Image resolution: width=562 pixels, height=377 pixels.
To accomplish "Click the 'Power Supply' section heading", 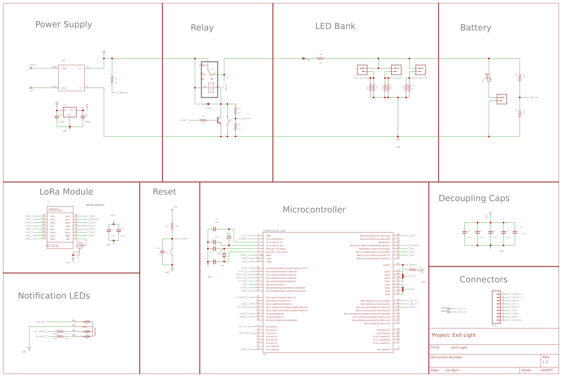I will (x=64, y=25).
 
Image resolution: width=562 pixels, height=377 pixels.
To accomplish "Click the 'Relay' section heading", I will (x=202, y=28).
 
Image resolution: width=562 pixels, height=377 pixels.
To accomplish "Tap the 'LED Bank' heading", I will (x=335, y=26).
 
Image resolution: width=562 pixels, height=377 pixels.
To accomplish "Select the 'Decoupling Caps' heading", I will (x=474, y=198).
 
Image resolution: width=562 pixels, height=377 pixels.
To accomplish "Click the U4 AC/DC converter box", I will (x=71, y=78).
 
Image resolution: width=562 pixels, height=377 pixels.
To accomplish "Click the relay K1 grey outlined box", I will (x=210, y=80).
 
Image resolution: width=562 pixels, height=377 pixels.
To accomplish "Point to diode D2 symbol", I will (x=304, y=58).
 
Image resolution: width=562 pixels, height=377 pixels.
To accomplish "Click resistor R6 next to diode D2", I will (x=320, y=58).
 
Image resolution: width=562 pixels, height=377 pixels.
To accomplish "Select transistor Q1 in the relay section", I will (x=219, y=120).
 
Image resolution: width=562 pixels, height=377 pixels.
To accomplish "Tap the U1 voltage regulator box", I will (x=70, y=112).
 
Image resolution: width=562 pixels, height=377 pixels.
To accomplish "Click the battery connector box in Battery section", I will (x=502, y=99).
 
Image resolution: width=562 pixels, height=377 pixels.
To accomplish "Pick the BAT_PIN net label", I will (x=534, y=97).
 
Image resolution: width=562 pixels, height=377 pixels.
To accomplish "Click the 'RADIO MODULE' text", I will (x=95, y=205).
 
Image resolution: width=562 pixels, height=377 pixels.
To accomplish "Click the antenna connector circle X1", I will (x=79, y=245).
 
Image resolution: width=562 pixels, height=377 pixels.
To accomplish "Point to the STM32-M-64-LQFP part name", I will (x=275, y=231).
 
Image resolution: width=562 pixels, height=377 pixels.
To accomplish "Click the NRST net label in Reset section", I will (x=186, y=239).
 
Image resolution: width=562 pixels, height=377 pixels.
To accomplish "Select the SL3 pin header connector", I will (x=496, y=307).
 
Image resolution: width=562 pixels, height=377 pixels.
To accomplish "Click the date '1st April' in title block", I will (x=452, y=370).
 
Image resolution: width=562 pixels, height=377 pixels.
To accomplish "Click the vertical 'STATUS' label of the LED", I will (x=95, y=332).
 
